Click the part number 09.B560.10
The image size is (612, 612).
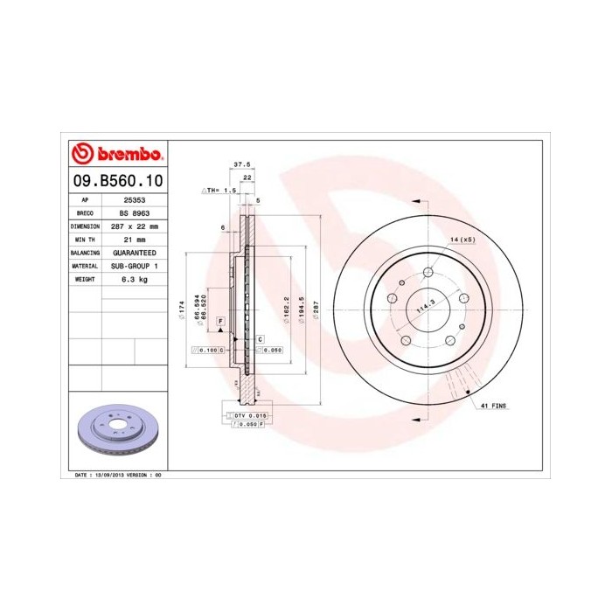pos(115,181)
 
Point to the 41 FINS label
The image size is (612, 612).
pos(493,407)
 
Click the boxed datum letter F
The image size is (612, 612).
pos(220,322)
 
